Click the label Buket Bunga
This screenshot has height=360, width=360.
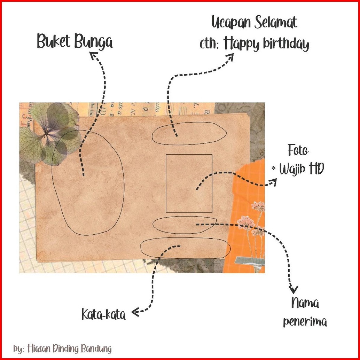pos(75,41)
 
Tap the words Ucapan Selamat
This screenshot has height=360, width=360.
pos(254,23)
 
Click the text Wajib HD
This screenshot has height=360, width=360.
pos(302,169)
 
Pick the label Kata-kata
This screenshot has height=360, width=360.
pos(104,314)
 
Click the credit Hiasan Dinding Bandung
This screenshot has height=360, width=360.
pos(69,348)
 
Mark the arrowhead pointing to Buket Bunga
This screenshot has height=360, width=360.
pos(94,55)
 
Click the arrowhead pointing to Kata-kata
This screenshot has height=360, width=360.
pos(135,312)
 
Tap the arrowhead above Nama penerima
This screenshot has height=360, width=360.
pos(294,290)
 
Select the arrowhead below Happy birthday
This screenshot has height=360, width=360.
pos(230,57)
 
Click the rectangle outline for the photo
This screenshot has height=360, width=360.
pos(166,183)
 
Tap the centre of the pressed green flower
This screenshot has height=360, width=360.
pos(46,133)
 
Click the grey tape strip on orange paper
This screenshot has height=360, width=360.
pos(250,260)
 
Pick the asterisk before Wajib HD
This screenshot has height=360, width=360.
pos(273,168)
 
